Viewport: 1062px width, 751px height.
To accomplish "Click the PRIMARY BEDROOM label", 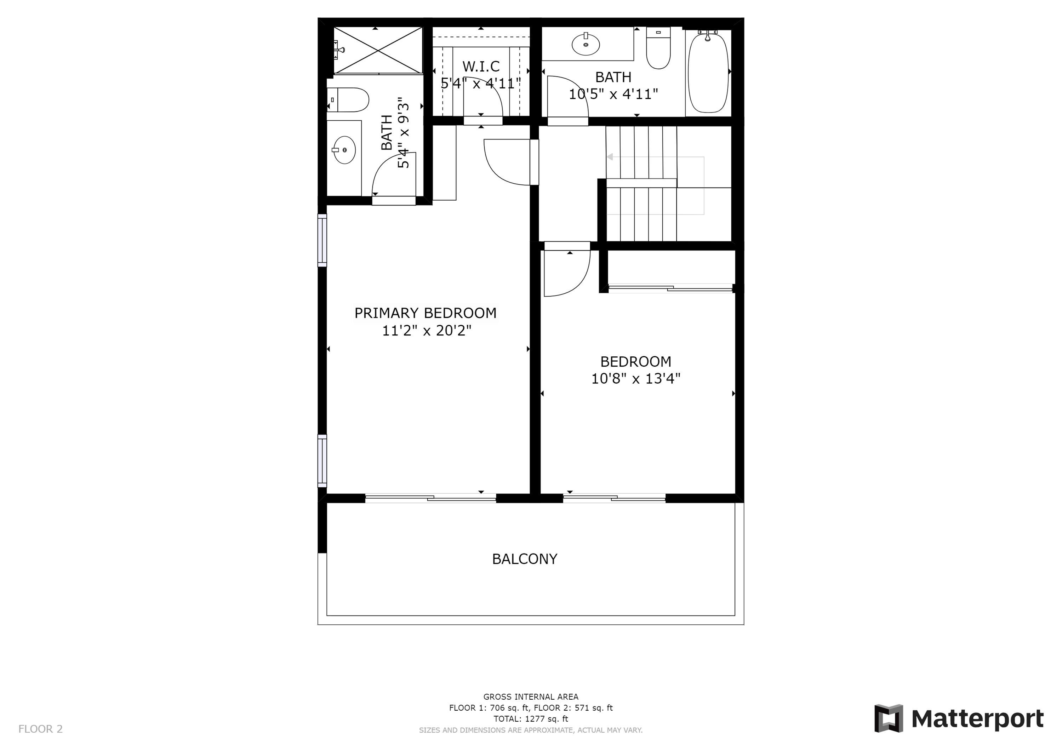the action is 425,313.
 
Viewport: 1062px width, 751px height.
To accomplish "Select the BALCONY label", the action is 525,559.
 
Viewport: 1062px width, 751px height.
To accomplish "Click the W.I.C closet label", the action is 481,67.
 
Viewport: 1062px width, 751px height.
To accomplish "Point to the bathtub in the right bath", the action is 708,72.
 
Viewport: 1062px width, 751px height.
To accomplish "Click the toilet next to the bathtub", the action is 658,48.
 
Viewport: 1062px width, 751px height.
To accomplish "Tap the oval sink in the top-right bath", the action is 586,44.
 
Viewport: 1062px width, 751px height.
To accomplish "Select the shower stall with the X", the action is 378,50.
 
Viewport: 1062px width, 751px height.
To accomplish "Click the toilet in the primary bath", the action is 348,100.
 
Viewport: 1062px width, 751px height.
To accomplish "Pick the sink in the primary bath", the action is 344,150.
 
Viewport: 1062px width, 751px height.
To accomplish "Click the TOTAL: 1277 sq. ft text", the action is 531,719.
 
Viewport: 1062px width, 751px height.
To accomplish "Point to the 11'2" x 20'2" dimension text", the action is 427,331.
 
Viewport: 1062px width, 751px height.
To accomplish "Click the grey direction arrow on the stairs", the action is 610,157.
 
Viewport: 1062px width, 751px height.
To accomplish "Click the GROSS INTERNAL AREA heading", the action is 531,696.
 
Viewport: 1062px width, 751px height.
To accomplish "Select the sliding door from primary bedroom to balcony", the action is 430,498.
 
